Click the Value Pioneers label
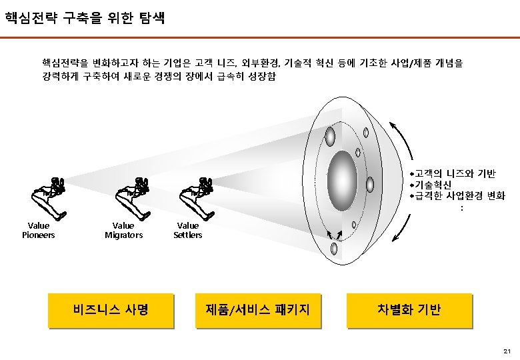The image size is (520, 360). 39,230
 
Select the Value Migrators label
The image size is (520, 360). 123,230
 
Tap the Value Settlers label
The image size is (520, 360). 187,230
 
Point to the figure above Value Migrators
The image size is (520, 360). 133,197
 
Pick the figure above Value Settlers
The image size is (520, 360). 197,197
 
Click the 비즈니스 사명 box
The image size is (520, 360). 111,310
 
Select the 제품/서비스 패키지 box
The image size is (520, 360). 258,310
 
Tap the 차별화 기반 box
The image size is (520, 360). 409,310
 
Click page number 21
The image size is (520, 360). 507,351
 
